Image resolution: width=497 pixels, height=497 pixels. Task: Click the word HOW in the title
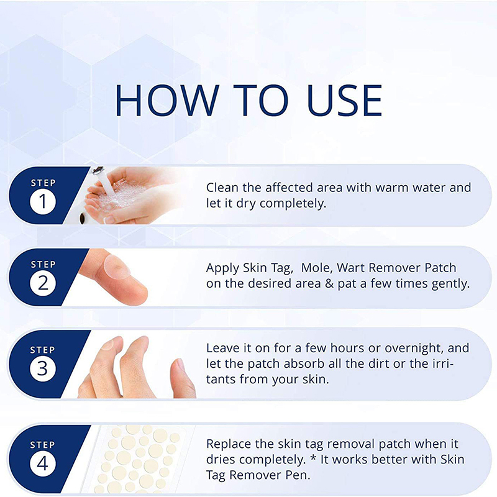(167, 101)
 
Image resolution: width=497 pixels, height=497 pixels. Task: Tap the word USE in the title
(345, 101)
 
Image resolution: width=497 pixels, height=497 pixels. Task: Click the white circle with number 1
(43, 201)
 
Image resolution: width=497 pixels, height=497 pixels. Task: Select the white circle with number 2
(43, 283)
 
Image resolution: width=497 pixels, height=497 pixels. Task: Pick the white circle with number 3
(43, 368)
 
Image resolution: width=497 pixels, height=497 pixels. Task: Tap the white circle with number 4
(43, 463)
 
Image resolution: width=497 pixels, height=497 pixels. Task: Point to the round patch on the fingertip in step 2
(117, 267)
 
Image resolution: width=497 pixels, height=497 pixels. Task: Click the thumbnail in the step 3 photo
(180, 364)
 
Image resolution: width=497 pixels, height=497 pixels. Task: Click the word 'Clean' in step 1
(222, 188)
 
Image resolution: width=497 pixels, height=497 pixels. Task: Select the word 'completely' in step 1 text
(293, 204)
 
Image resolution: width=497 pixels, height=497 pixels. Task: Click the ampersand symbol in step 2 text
(329, 283)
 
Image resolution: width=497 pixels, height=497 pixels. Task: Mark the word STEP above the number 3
(42, 350)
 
